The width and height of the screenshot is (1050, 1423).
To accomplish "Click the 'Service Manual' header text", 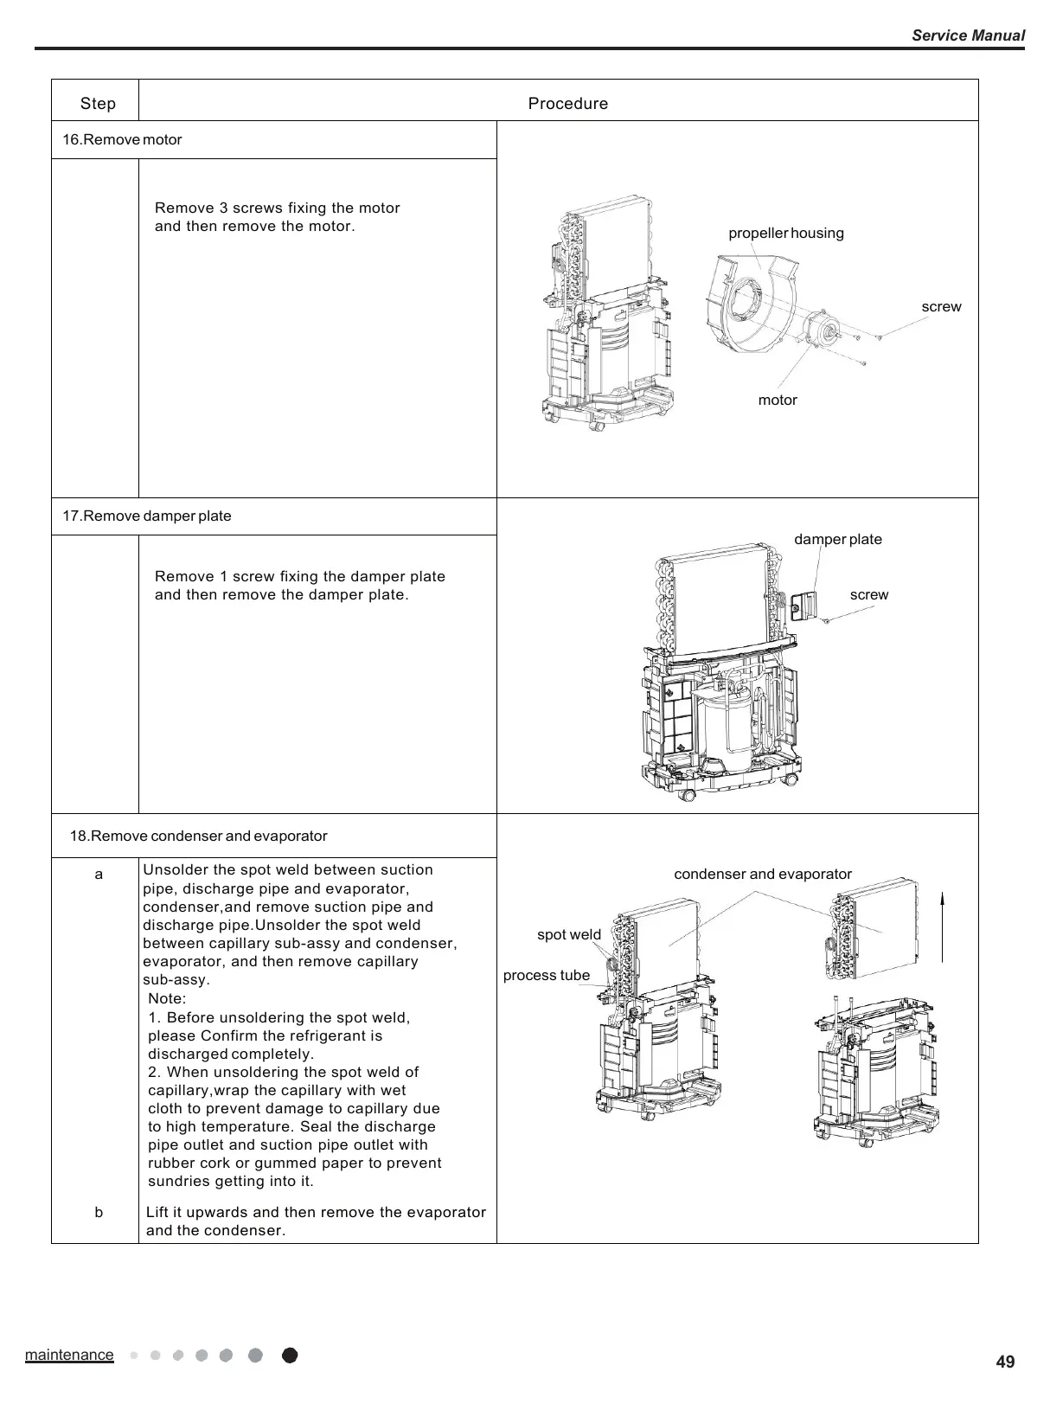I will pyautogui.click(x=968, y=35).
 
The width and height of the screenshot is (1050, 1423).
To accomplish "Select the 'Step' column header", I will pyautogui.click(x=98, y=104).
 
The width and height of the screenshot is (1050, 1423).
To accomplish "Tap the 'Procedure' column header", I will pyautogui.click(x=567, y=104).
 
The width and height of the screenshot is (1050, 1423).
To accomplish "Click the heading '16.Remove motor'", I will pyautogui.click(x=122, y=140).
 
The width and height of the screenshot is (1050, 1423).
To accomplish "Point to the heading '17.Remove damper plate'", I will pyautogui.click(x=147, y=516).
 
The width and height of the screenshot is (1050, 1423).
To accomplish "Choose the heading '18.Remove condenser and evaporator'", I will pyautogui.click(x=198, y=836).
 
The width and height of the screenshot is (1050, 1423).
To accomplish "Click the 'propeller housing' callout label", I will pyautogui.click(x=785, y=234).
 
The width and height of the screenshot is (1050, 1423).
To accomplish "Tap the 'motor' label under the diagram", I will pyautogui.click(x=777, y=401).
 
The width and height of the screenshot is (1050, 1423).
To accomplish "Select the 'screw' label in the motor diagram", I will pyautogui.click(x=941, y=307).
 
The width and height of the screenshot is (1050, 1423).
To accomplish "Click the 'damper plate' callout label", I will pyautogui.click(x=837, y=540).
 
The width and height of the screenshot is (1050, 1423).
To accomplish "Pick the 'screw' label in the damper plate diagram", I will pyautogui.click(x=868, y=595).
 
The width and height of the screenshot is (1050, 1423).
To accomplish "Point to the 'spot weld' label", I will pyautogui.click(x=568, y=935).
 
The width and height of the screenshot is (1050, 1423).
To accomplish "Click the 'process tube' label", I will pyautogui.click(x=546, y=976).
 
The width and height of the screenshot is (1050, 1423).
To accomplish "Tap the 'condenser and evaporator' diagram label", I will pyautogui.click(x=762, y=875).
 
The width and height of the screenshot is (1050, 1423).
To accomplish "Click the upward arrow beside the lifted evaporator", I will pyautogui.click(x=942, y=930).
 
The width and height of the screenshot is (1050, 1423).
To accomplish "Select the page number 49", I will pyautogui.click(x=1005, y=1362).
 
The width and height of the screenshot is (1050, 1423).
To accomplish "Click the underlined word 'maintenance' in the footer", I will pyautogui.click(x=69, y=1355).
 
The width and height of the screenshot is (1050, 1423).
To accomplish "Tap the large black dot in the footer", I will pyautogui.click(x=290, y=1356).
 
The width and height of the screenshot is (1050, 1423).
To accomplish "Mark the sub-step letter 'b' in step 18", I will pyautogui.click(x=99, y=1213).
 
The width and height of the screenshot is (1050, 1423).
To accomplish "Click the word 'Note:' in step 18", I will pyautogui.click(x=167, y=999).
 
